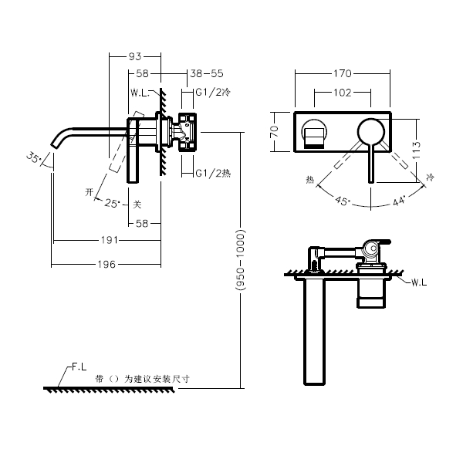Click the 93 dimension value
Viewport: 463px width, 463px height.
(x=134, y=56)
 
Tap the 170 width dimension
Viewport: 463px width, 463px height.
(x=343, y=74)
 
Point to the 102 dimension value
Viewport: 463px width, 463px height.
(x=343, y=93)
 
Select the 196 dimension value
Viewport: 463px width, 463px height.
(x=106, y=264)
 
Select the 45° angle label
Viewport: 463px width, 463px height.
(x=343, y=201)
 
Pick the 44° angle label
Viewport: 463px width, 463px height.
(x=399, y=202)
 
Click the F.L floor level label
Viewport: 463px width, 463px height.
(x=78, y=369)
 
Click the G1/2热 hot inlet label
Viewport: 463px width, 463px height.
(x=212, y=172)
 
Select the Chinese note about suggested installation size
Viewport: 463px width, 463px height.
(x=142, y=379)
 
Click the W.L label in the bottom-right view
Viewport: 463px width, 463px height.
(x=418, y=283)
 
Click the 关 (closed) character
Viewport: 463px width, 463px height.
(x=137, y=204)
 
